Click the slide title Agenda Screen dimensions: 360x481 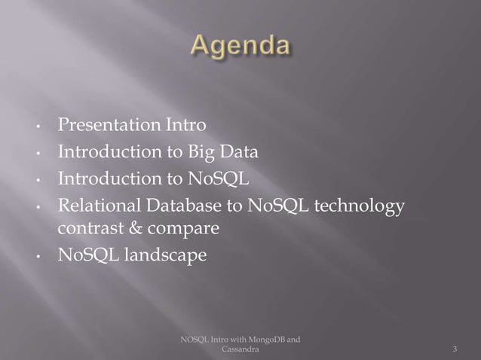pos(240,46)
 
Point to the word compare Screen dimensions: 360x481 pos(184,227)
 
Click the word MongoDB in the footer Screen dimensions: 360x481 pos(264,340)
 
